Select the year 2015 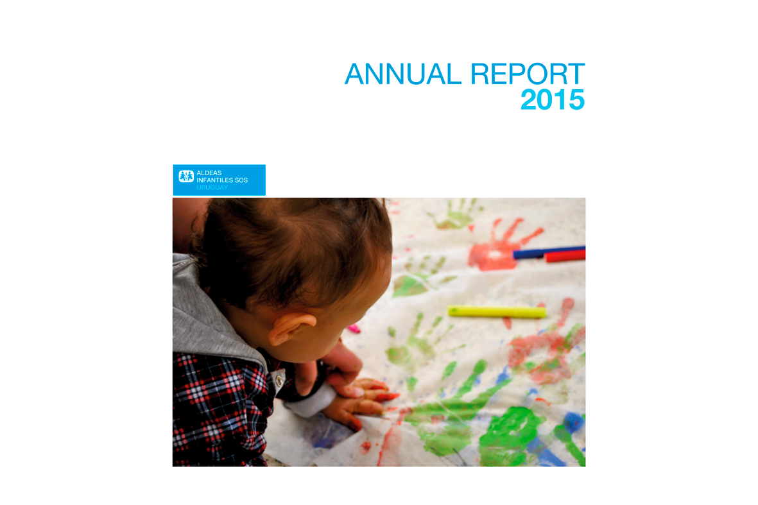552,100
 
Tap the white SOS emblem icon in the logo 186,176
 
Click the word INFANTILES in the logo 214,180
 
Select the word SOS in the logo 241,180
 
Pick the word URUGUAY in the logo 212,187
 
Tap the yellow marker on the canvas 497,312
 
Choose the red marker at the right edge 565,257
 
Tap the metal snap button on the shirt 280,381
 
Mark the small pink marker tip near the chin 354,329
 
